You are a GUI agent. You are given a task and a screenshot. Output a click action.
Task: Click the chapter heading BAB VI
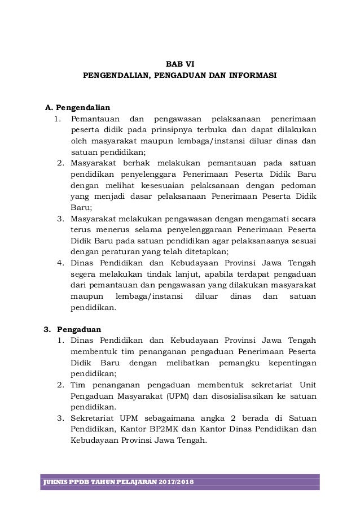[x=179, y=63]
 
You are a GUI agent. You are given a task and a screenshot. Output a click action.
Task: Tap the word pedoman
[x=298, y=185]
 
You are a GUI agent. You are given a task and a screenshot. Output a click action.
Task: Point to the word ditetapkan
[x=205, y=251]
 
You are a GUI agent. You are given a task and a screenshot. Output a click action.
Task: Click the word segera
[x=83, y=274]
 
